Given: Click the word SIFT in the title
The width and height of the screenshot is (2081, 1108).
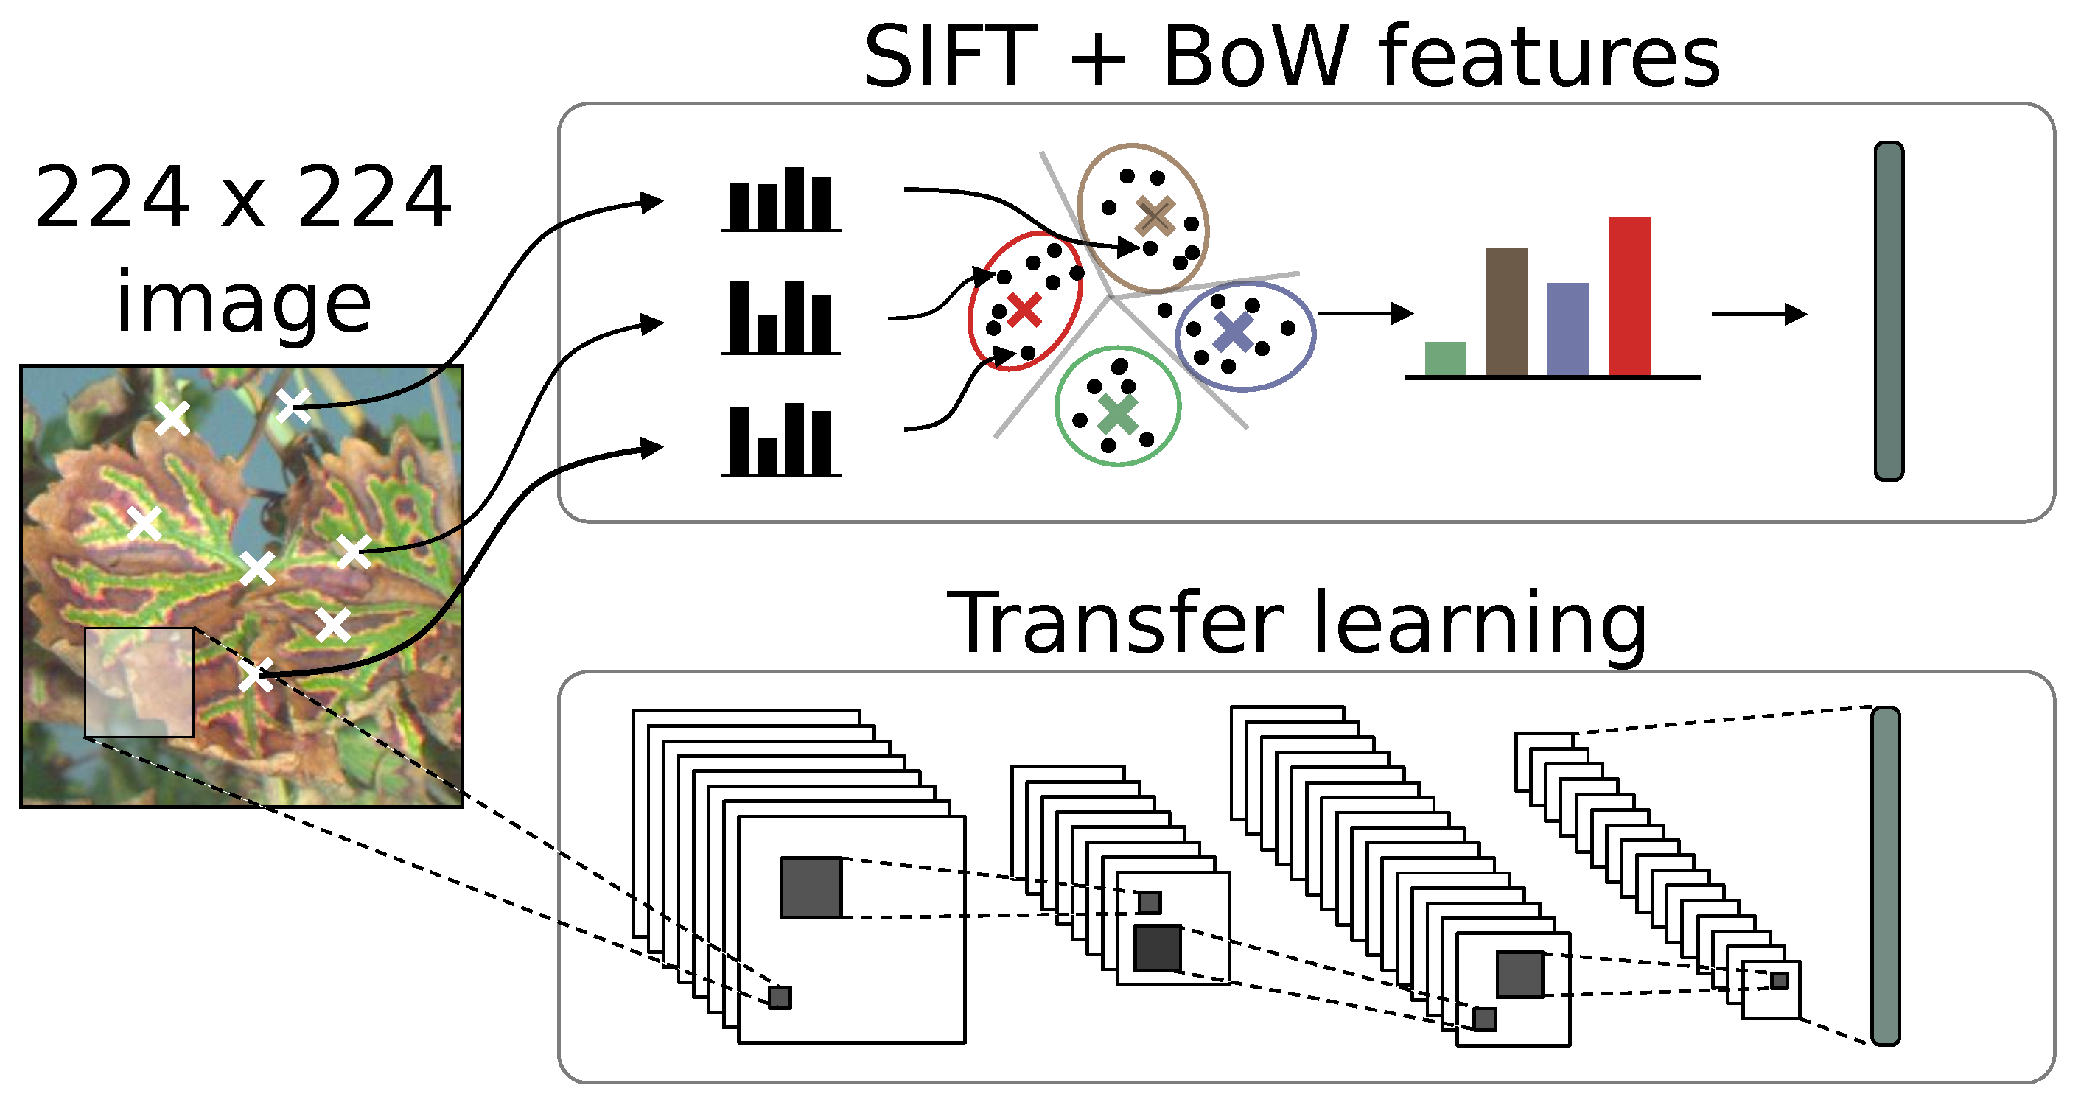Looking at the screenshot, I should (949, 58).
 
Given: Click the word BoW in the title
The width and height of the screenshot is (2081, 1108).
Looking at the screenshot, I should (1256, 58).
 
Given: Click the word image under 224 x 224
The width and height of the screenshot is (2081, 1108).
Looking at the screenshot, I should (243, 303).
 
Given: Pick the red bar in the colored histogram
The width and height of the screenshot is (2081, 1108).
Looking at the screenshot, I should (1629, 296).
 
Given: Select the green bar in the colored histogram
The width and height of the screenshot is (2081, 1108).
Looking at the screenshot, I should (1445, 359).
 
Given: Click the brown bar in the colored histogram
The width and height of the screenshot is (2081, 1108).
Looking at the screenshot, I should (1507, 312).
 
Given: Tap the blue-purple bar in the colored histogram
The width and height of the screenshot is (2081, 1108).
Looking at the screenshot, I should (1567, 329).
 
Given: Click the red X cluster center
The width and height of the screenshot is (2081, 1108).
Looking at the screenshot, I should (1024, 311).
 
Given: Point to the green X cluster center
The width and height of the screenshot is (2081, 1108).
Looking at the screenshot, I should (1118, 414).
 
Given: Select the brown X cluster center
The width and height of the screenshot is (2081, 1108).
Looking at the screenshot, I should (1155, 217).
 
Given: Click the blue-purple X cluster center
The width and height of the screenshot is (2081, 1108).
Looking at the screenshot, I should (1234, 331).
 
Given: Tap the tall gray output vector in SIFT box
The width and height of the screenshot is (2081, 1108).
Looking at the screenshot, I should (1889, 312).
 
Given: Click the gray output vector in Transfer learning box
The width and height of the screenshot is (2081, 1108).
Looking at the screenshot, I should (1886, 876).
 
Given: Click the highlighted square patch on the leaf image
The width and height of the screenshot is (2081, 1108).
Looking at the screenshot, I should (139, 682).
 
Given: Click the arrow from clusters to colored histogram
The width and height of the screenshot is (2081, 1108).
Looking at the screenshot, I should (1365, 313).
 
